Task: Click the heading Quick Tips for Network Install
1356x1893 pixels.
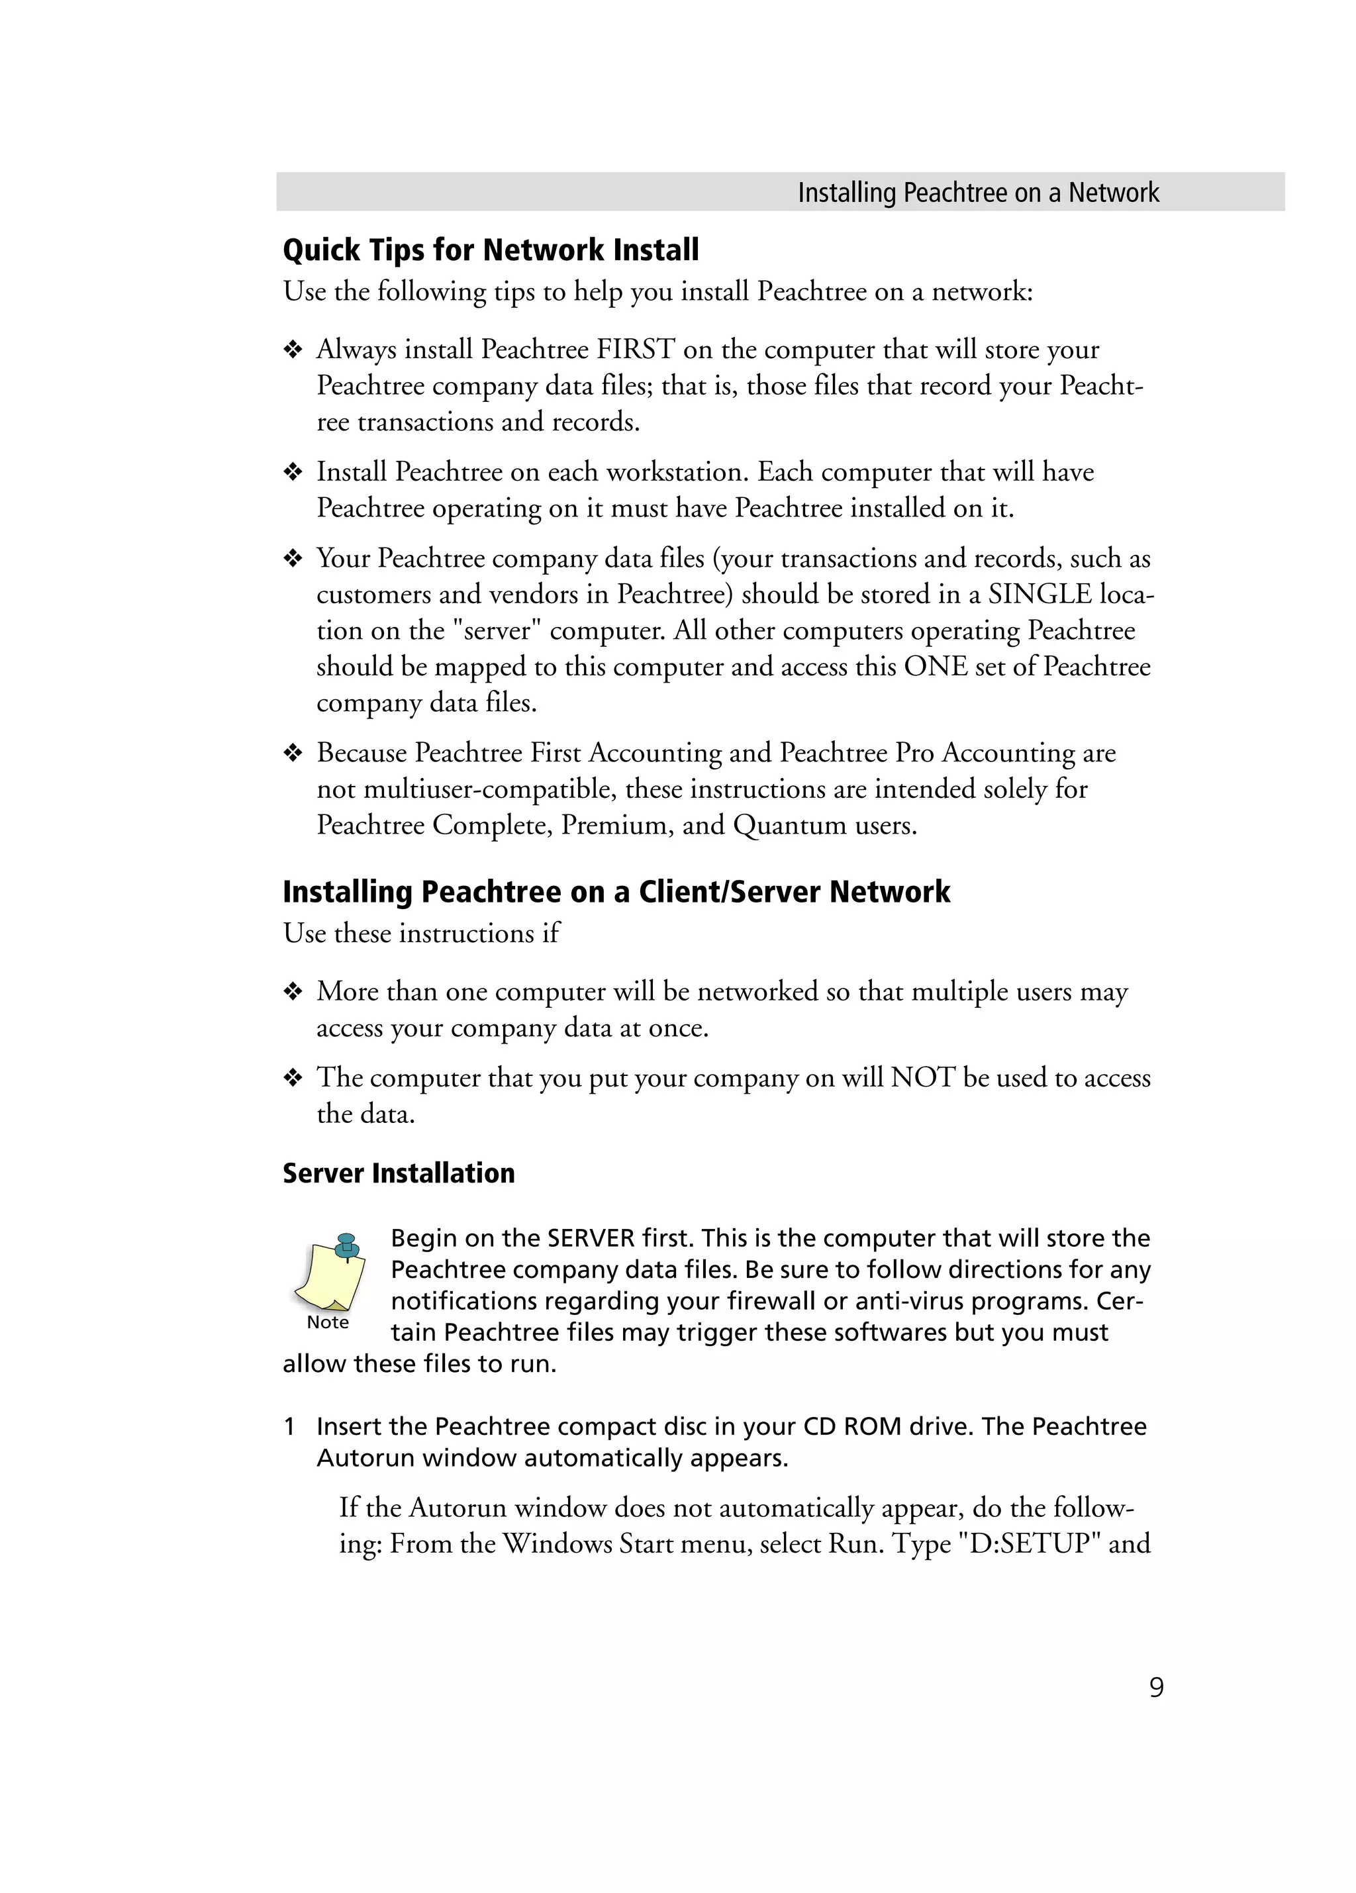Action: pyautogui.click(x=491, y=250)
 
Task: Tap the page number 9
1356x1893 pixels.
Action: pyautogui.click(x=1156, y=1687)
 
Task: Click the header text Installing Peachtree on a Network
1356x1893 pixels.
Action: pyautogui.click(x=978, y=193)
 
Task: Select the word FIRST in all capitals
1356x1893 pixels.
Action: pyautogui.click(x=635, y=349)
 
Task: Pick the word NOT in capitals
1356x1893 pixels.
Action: pyautogui.click(x=922, y=1077)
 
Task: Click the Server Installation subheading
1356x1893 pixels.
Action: pyautogui.click(x=398, y=1173)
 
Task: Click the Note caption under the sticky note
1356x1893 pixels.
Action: pyautogui.click(x=327, y=1322)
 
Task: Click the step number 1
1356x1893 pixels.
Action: pyautogui.click(x=289, y=1426)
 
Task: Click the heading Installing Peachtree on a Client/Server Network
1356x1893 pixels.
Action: pyautogui.click(x=616, y=891)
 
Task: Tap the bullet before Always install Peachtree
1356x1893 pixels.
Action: pyautogui.click(x=292, y=350)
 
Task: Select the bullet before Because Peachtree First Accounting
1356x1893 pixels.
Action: pyautogui.click(x=292, y=753)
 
